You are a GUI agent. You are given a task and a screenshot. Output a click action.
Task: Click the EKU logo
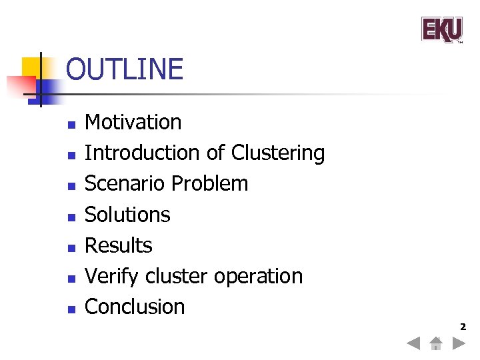point(441,30)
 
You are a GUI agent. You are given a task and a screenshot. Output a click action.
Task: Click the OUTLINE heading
point(125,70)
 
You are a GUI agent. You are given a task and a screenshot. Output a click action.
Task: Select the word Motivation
point(133,122)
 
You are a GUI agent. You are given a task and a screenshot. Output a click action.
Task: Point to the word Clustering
point(278,153)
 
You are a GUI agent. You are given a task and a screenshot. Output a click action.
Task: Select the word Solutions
point(127,215)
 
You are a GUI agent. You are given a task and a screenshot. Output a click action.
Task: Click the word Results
point(119,245)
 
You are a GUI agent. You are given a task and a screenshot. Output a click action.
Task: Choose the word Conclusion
point(135,307)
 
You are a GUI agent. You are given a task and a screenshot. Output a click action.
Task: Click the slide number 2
point(462,327)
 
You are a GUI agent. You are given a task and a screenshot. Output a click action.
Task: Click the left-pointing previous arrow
point(414,344)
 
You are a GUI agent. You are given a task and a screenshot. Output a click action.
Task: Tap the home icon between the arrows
point(435,344)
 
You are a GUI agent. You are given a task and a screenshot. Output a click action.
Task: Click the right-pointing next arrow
point(458,344)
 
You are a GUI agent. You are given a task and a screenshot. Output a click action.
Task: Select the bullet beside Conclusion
point(71,309)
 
